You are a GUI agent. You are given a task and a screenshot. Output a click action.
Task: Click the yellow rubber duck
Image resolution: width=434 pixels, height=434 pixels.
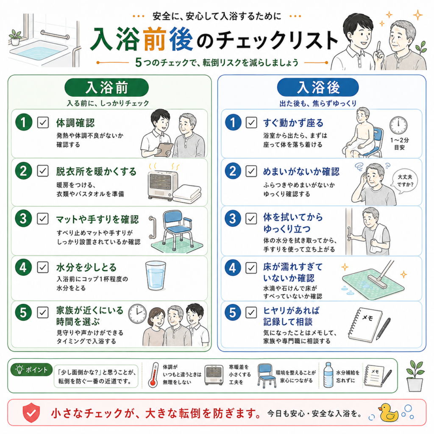point(388,412)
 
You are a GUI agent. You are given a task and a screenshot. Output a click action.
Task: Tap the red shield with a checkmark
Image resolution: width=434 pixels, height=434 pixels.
point(31,412)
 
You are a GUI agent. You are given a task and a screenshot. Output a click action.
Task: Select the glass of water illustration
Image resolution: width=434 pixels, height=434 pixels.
point(156,275)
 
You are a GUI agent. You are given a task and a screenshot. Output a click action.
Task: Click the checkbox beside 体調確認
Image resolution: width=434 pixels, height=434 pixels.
point(43,122)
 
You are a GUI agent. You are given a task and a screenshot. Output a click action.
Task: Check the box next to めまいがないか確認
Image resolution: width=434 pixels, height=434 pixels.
point(251,171)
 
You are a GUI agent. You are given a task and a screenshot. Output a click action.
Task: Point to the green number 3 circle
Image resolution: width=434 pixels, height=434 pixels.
point(24,219)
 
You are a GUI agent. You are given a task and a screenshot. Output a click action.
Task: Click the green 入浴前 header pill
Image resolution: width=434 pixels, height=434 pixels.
point(106,87)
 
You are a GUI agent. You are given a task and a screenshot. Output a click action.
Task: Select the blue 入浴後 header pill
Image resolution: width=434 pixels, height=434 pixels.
point(318,87)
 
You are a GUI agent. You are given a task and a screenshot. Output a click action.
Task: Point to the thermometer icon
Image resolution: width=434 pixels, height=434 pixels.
point(153,375)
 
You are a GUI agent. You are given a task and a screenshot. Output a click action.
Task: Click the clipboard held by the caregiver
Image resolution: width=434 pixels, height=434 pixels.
point(164,150)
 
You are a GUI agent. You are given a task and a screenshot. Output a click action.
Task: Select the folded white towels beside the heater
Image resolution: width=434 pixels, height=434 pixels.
point(187,194)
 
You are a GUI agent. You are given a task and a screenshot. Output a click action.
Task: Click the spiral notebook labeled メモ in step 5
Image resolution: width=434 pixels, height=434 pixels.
point(365,324)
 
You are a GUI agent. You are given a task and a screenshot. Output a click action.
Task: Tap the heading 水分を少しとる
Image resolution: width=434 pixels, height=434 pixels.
point(86,267)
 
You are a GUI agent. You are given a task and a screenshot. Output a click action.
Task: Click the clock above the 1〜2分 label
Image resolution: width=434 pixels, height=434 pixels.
point(398,125)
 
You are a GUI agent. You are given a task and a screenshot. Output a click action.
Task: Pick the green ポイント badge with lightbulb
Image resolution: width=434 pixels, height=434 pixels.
point(31,370)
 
